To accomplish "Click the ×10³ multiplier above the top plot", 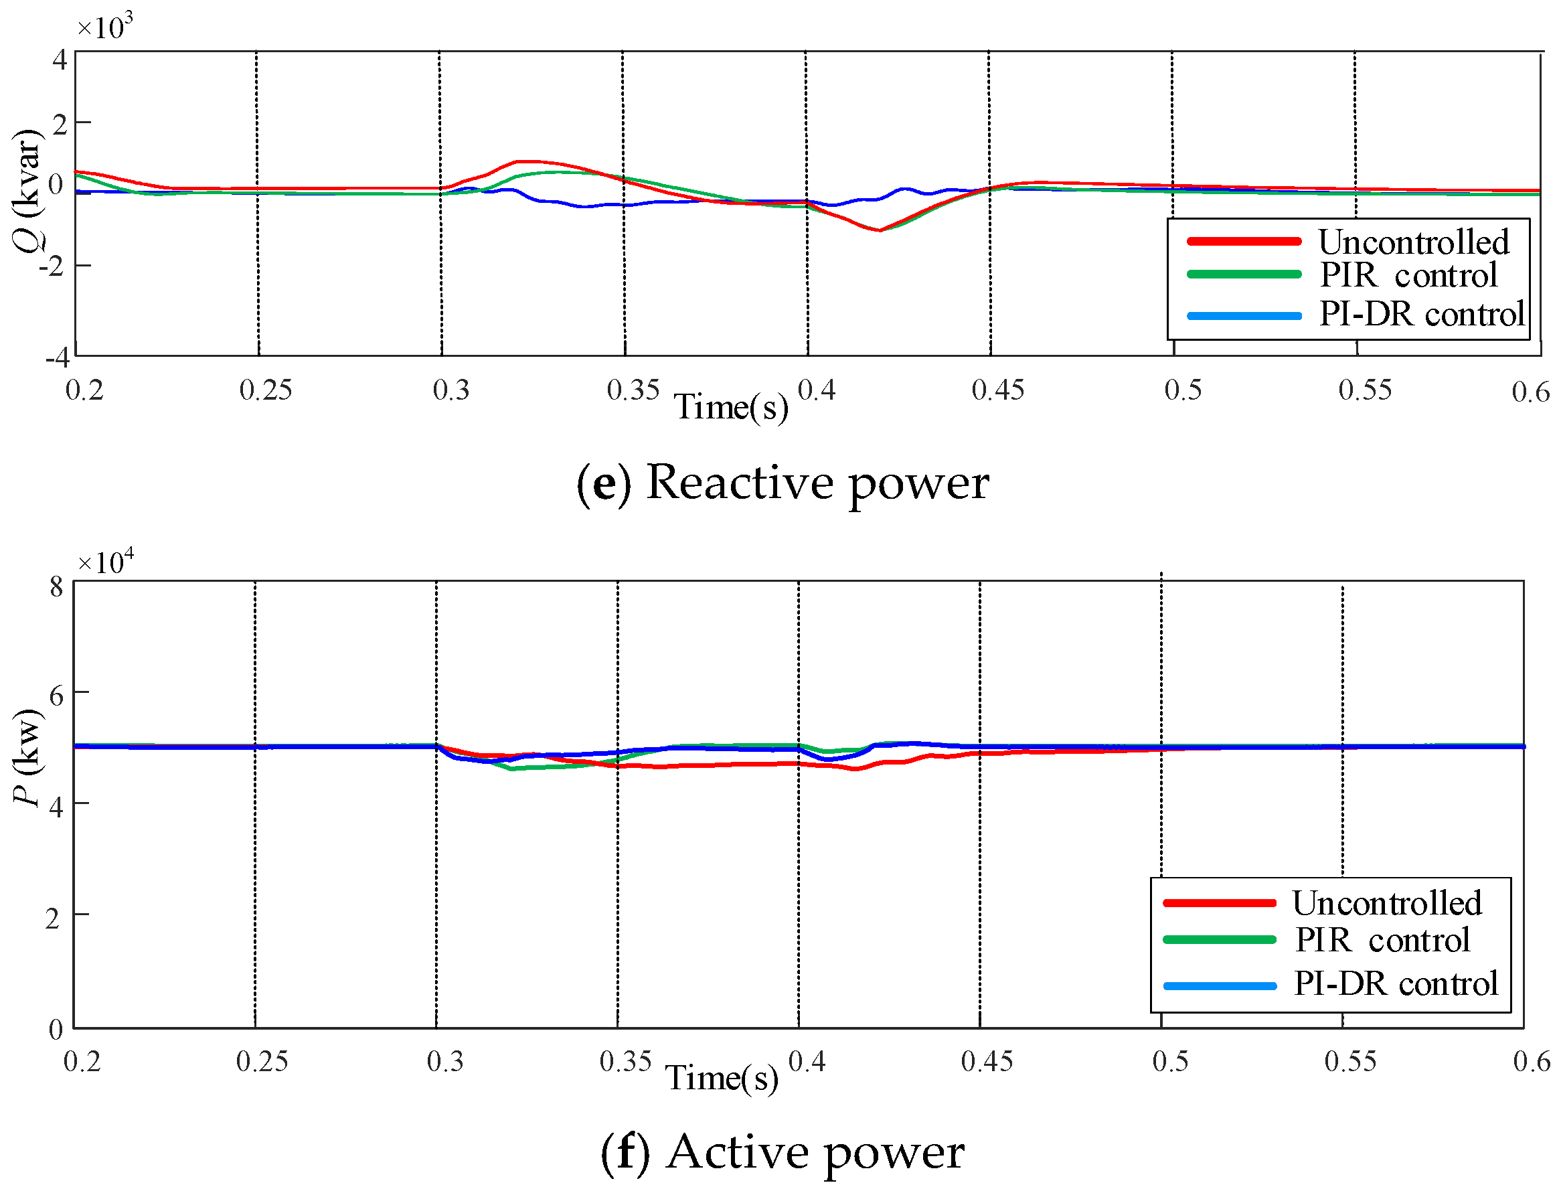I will point(104,26).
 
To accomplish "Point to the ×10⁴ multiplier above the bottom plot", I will point(104,562).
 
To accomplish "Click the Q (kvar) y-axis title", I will point(27,190).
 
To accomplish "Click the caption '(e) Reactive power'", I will point(782,483).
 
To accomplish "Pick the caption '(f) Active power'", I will point(782,1152).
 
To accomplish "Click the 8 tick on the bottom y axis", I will point(56,587).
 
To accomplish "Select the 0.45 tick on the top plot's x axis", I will point(997,390).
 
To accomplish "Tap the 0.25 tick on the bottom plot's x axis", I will point(262,1061).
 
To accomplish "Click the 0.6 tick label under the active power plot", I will point(1531,1061).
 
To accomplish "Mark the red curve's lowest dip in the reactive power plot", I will point(879,230).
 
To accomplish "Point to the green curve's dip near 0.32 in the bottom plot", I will point(511,769).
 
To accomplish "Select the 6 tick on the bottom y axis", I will point(56,695).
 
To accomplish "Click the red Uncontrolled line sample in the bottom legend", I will point(1219,903).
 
